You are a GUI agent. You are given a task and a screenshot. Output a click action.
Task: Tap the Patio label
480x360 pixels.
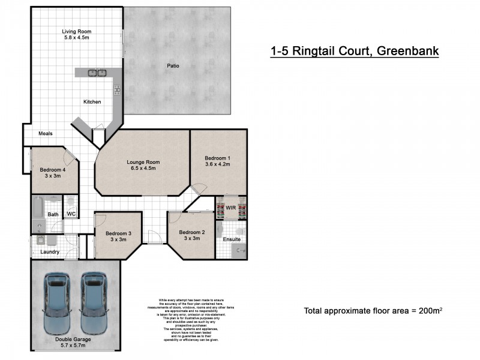pos(173,66)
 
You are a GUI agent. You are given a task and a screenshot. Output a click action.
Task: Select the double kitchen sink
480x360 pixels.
pos(98,73)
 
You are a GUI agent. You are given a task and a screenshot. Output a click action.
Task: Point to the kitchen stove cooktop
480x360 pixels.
pos(116,89)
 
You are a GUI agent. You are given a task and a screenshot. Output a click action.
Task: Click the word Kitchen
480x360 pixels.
pos(92,102)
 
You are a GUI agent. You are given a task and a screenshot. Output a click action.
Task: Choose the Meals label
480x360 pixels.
pos(46,133)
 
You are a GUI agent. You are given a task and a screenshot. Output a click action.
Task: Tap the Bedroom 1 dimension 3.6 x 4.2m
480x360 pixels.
pos(217,164)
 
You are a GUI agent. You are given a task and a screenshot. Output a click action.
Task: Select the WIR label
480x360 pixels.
pos(231,208)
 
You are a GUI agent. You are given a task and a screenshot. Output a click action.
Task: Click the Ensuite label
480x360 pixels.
pos(232,239)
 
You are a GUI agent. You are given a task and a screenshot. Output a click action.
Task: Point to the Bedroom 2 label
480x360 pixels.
pos(191,232)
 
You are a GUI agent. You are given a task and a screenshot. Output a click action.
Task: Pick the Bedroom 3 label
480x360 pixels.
pos(118,233)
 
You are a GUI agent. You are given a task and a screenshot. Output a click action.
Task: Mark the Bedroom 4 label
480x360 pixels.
pos(53,170)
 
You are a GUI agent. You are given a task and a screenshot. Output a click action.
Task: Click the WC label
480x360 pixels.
pos(70,214)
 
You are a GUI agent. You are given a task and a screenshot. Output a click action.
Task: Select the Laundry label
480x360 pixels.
pos(49,252)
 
